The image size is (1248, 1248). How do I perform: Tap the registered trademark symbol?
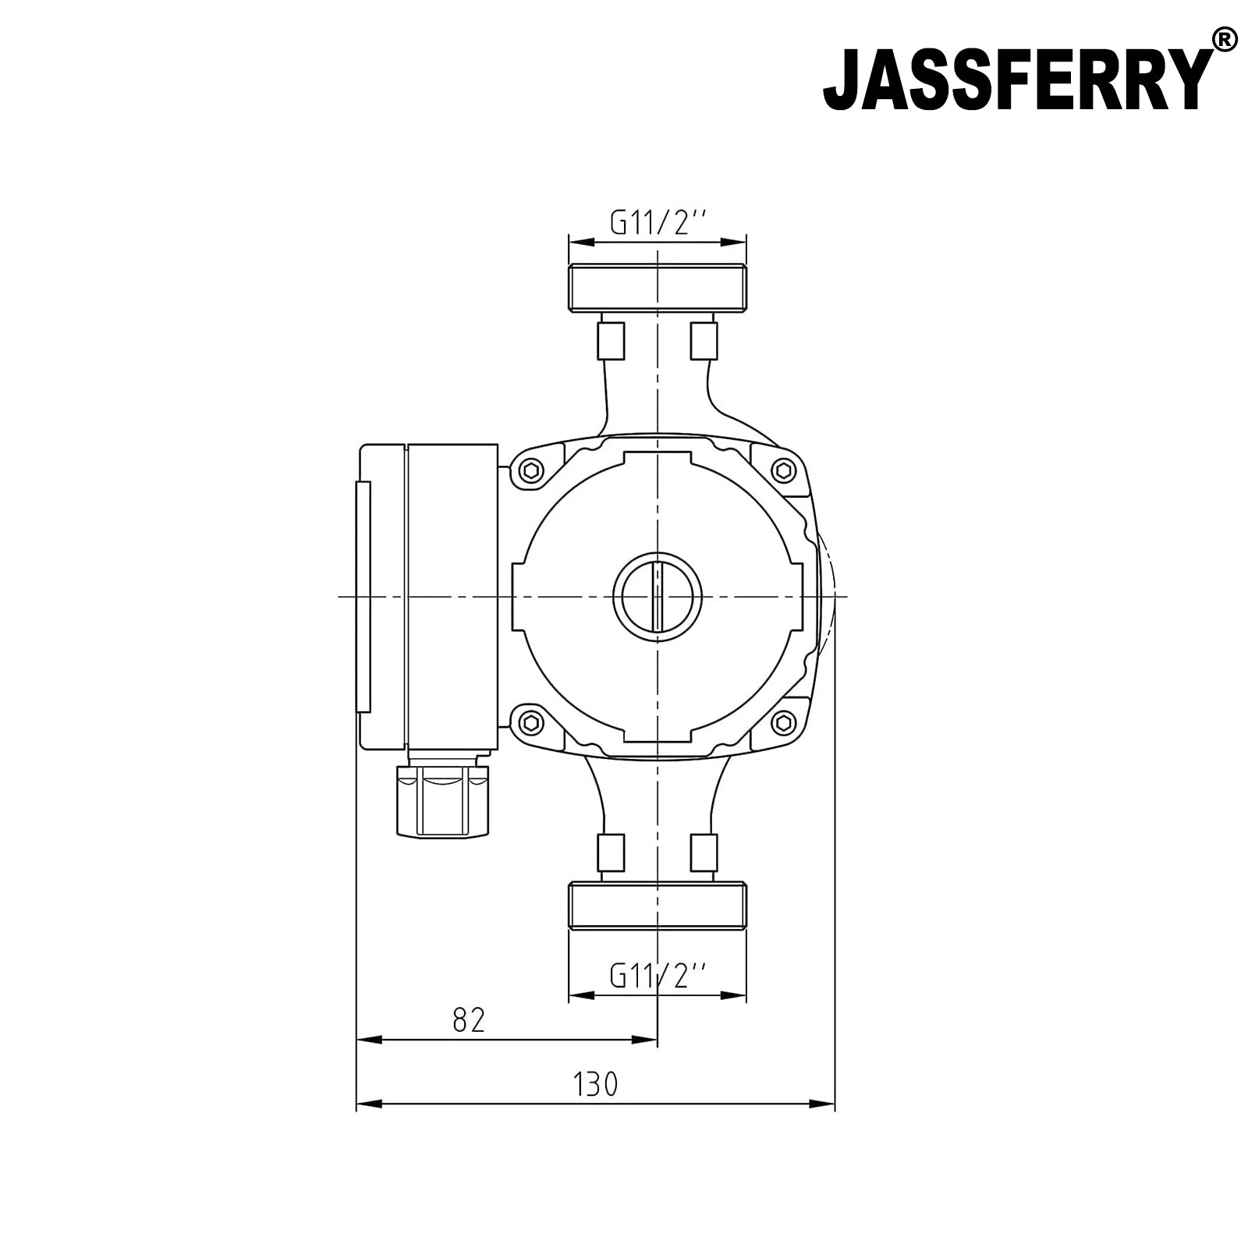point(1225,39)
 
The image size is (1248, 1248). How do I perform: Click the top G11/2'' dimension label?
point(657,224)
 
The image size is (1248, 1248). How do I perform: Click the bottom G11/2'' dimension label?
point(657,975)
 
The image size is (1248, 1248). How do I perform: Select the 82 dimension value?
point(469,1019)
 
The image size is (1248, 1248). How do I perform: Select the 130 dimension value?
point(595,1084)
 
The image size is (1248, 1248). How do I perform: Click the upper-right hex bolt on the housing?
point(783,470)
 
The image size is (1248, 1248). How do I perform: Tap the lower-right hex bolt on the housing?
point(783,722)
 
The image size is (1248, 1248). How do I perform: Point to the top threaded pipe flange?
point(658,286)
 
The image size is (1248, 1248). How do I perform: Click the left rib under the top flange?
point(611,339)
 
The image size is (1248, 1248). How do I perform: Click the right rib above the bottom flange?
point(704,852)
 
